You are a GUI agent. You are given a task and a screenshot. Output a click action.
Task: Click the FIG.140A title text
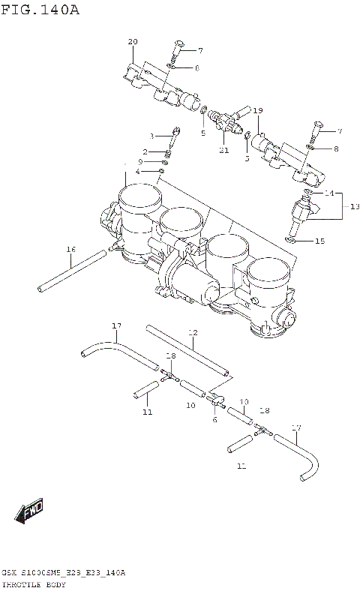pos(40,10)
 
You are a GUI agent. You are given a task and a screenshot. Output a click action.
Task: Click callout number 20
pos(133,41)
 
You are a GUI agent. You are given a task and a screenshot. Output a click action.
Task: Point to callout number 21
pos(223,150)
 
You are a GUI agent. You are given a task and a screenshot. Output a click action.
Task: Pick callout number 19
pos(257,111)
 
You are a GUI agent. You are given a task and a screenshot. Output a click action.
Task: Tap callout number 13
pos(355,205)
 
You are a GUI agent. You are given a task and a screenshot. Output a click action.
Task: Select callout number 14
pos(328,193)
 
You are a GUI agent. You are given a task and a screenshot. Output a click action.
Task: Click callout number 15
pos(320,241)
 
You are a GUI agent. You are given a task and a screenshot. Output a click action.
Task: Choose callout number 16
pos(70,249)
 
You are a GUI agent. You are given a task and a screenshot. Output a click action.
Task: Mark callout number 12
pos(192,331)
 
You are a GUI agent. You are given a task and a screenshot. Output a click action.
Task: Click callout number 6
pos(214,419)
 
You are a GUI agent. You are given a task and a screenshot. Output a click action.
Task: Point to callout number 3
pos(151,136)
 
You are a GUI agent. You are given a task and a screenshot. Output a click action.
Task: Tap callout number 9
pos(139,161)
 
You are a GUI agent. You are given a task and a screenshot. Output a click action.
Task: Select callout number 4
pos(137,172)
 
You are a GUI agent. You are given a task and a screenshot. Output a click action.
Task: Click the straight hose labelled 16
pos(71,272)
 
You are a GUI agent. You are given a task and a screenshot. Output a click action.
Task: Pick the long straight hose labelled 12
pos(187,350)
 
